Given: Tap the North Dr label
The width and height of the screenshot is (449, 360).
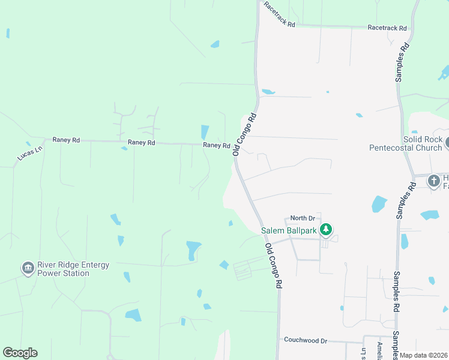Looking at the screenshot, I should click(303, 218).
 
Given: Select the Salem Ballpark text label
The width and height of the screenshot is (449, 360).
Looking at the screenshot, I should click(288, 230).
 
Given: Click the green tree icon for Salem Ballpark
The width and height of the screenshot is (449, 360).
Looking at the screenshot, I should click(326, 229).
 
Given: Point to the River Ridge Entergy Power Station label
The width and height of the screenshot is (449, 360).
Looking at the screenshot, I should click(63, 269).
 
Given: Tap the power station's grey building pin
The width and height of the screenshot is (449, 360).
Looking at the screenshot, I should click(27, 268).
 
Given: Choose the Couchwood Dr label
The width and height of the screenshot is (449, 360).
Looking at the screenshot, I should click(306, 340).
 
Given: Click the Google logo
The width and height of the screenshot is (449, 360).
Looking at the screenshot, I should click(20, 353).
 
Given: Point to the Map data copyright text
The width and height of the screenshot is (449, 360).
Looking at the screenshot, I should click(424, 355).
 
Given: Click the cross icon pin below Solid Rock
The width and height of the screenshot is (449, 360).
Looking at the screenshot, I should click(433, 181).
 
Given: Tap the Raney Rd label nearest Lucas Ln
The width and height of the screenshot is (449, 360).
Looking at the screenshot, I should click(66, 140).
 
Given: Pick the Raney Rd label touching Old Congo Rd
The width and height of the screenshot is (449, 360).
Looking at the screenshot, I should click(216, 145).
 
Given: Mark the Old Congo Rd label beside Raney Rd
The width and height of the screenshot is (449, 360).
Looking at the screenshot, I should click(244, 135).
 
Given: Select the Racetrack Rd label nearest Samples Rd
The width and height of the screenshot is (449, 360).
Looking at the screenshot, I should click(387, 28).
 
